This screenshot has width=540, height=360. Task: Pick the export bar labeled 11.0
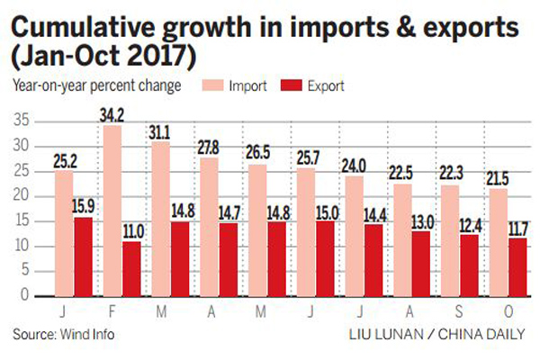[x=131, y=268]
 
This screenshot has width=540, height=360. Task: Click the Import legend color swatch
[x=215, y=87]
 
